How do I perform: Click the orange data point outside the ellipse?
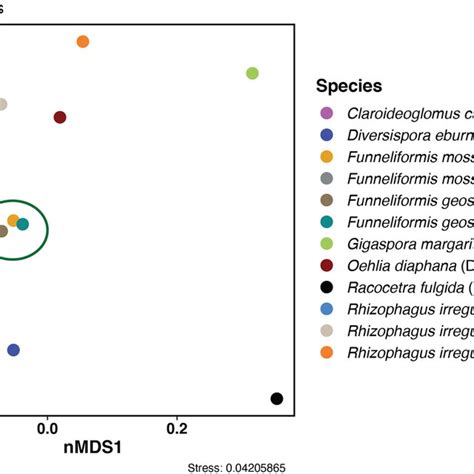pos(83,41)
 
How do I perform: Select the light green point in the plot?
pos(252,73)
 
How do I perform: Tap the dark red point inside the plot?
pos(60,118)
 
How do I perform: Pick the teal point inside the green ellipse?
pos(23,224)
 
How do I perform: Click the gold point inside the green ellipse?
pos(13,220)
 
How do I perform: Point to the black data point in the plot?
pos(277,399)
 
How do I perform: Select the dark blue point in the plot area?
pos(13,350)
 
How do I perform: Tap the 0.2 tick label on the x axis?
pos(177,428)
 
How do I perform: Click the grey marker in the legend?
pos(325,178)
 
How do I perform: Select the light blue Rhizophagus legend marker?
pos(325,309)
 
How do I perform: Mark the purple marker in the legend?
pos(325,112)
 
